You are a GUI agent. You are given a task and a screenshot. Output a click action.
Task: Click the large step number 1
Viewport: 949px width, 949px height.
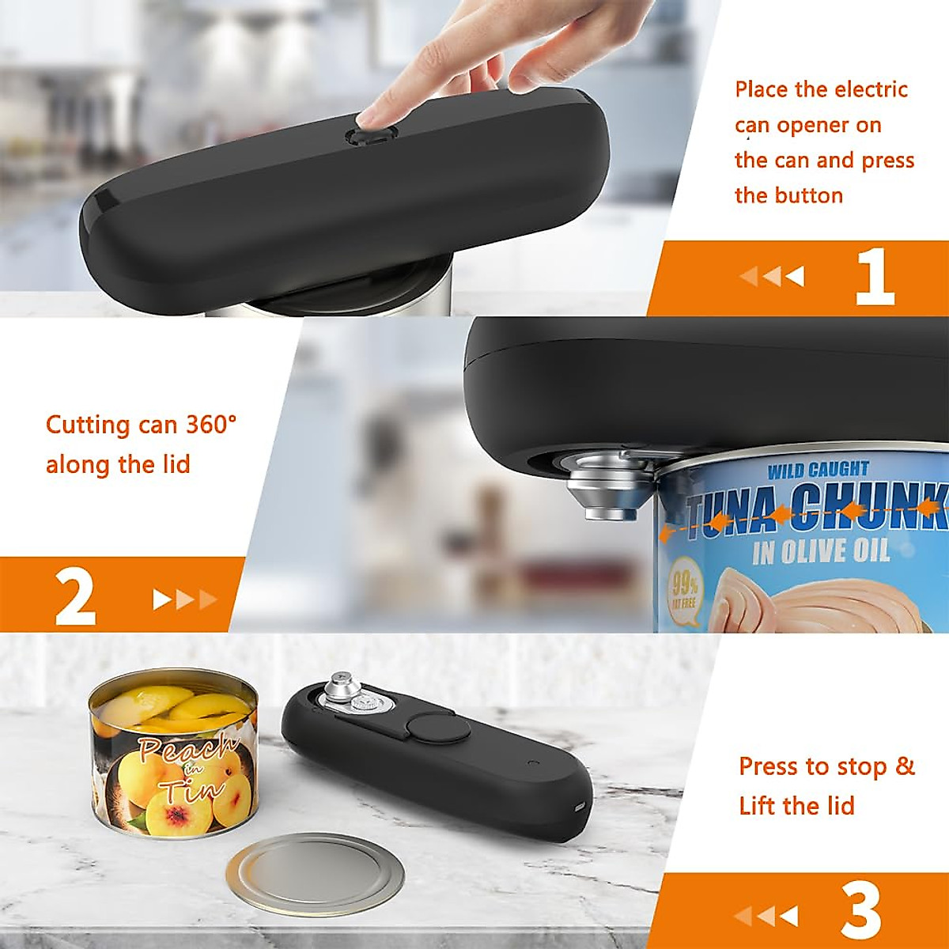click(874, 277)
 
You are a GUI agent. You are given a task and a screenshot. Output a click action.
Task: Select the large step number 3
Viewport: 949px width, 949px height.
click(860, 911)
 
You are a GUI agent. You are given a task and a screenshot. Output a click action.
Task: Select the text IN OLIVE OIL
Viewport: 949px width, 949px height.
click(820, 551)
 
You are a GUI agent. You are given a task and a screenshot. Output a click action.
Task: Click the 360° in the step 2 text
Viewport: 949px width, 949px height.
click(211, 425)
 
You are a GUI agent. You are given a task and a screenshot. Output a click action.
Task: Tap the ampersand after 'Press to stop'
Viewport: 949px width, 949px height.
click(905, 766)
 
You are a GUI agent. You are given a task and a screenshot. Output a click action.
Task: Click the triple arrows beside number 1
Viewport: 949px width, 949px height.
click(772, 277)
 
